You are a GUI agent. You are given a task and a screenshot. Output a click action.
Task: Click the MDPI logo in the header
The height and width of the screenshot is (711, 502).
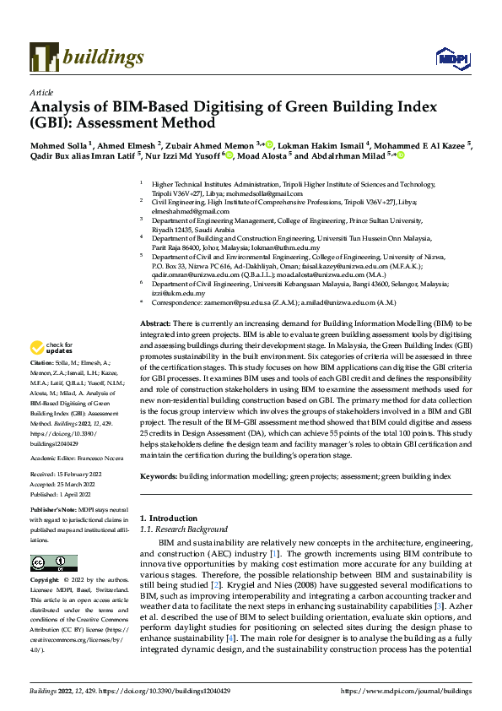pos(448,57)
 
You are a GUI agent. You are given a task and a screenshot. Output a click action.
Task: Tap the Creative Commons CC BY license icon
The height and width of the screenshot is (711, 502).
pos(48,563)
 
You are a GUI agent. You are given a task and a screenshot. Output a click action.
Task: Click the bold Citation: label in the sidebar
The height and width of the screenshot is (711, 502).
pos(44,384)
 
